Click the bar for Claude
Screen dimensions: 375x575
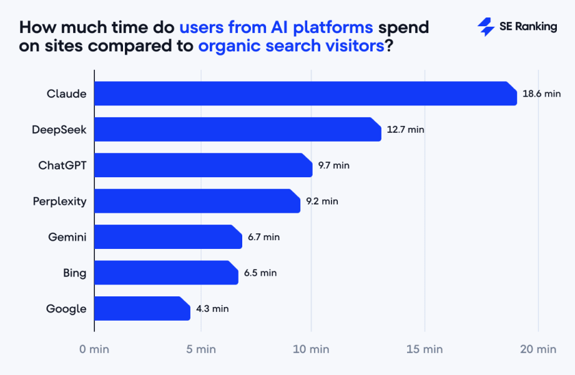pos(305,94)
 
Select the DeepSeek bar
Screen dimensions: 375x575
pos(237,130)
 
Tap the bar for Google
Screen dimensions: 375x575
pos(142,309)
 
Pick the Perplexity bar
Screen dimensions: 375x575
pos(197,201)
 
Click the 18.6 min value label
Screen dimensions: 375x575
pos(541,94)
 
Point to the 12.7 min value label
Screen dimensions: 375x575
pos(405,130)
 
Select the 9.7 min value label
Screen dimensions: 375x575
pos(333,165)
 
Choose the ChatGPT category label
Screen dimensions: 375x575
pos(62,165)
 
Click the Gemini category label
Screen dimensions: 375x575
pos(67,237)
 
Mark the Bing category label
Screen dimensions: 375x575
pos(75,273)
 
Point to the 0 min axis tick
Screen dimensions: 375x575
pos(94,349)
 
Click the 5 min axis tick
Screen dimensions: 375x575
pos(201,349)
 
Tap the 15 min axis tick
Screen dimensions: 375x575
pos(424,349)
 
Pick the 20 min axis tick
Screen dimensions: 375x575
pos(537,349)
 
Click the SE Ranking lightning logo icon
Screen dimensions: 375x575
pos(486,27)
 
